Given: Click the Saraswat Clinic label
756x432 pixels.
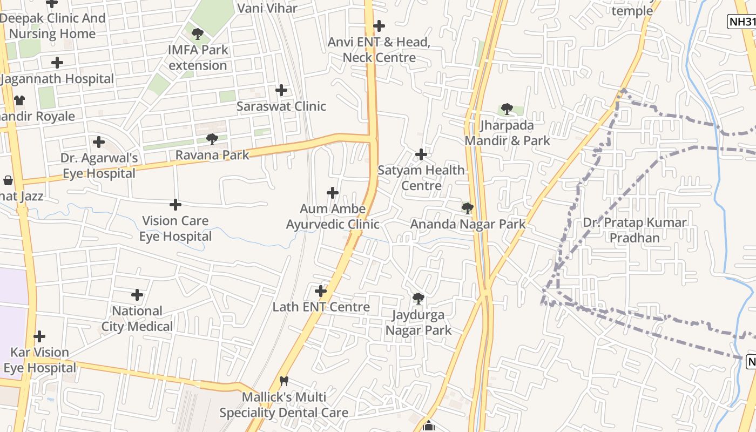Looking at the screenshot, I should point(281,106).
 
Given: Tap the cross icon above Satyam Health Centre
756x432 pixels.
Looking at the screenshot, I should point(421,155).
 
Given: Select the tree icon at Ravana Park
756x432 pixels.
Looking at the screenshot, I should point(212,139).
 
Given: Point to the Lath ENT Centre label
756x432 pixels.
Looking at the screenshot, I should point(321,307).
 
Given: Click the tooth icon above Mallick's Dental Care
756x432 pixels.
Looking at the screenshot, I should point(284,381).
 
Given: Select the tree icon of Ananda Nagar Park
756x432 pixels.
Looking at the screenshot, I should point(468,208).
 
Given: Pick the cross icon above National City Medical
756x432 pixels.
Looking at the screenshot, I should point(137,295).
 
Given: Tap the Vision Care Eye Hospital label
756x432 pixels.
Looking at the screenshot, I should point(175,228).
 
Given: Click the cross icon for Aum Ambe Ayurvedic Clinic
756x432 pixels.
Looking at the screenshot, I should point(333,193).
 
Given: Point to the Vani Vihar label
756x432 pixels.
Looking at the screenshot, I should point(267,8).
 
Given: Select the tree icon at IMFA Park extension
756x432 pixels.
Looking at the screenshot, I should point(198,34).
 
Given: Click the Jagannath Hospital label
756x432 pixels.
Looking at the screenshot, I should point(57,79).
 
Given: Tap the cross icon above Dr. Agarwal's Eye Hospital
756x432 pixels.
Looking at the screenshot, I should point(98,142).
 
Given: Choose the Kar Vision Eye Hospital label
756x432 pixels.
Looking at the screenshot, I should point(40,360).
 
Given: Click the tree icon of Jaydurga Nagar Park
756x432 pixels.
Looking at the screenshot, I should point(418,299).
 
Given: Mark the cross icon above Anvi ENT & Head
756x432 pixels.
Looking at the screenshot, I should point(379,26).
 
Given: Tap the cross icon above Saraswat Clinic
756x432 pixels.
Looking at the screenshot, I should point(281,90).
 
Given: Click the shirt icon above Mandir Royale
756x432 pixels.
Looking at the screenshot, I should point(19,100).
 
